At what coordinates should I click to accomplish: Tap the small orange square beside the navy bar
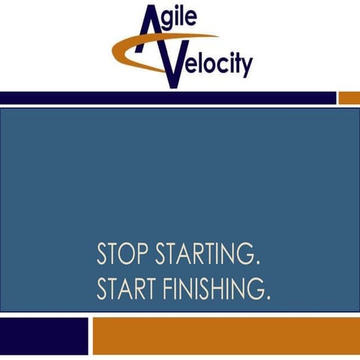349,98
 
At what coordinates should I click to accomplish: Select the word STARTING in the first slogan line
206,255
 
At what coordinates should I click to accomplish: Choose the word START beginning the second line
128,288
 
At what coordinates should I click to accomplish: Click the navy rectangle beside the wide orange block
43,335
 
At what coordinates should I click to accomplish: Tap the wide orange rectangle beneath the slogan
226,335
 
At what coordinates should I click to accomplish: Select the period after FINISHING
268,297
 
